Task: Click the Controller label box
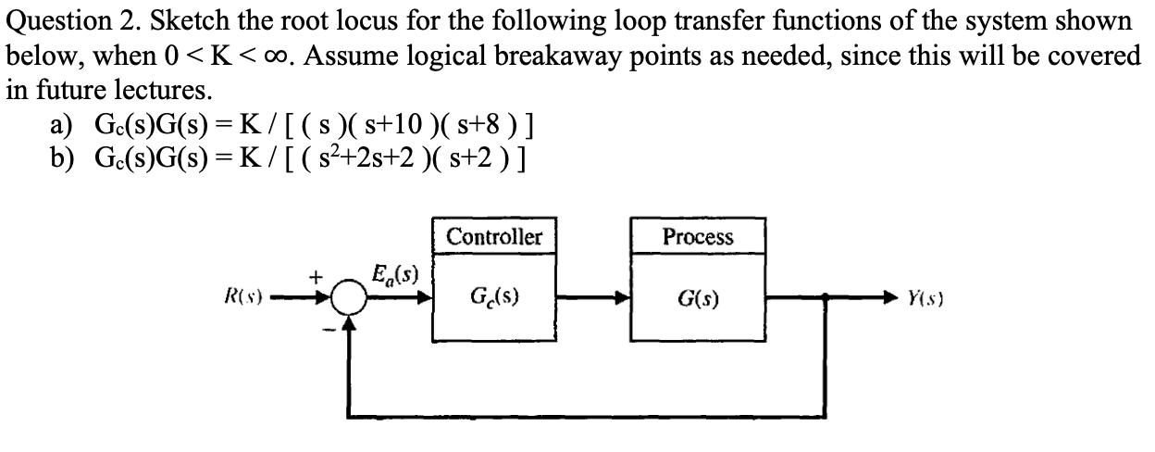click(x=494, y=236)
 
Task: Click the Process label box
click(x=698, y=236)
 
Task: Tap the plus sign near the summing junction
click(x=315, y=276)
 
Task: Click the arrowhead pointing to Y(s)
click(x=889, y=299)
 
